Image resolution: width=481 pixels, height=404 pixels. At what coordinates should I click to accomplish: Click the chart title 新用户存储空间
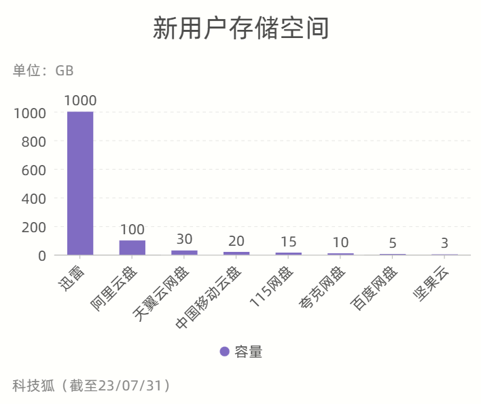[240, 29]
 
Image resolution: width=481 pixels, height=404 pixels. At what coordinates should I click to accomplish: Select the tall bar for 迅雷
[80, 183]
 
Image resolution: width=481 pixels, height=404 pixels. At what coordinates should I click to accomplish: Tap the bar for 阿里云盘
[132, 248]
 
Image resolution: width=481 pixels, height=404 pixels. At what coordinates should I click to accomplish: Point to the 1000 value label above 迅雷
[80, 100]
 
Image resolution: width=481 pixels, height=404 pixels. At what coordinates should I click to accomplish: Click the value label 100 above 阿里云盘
[132, 229]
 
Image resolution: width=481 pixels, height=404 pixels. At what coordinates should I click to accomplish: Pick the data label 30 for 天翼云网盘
[184, 239]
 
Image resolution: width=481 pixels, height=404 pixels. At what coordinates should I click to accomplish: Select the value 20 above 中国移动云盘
[236, 241]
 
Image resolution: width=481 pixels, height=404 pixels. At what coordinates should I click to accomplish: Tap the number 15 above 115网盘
[289, 242]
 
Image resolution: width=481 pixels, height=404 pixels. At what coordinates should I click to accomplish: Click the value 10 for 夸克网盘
[340, 242]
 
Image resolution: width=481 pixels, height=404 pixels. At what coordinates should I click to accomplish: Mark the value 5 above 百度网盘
[393, 243]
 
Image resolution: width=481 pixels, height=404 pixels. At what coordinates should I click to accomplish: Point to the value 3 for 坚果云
[444, 243]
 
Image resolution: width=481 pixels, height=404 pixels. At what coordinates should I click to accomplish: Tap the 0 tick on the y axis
[41, 255]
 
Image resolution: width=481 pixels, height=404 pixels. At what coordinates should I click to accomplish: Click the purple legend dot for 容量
[225, 351]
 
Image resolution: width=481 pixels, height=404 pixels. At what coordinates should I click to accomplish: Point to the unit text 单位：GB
[43, 71]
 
